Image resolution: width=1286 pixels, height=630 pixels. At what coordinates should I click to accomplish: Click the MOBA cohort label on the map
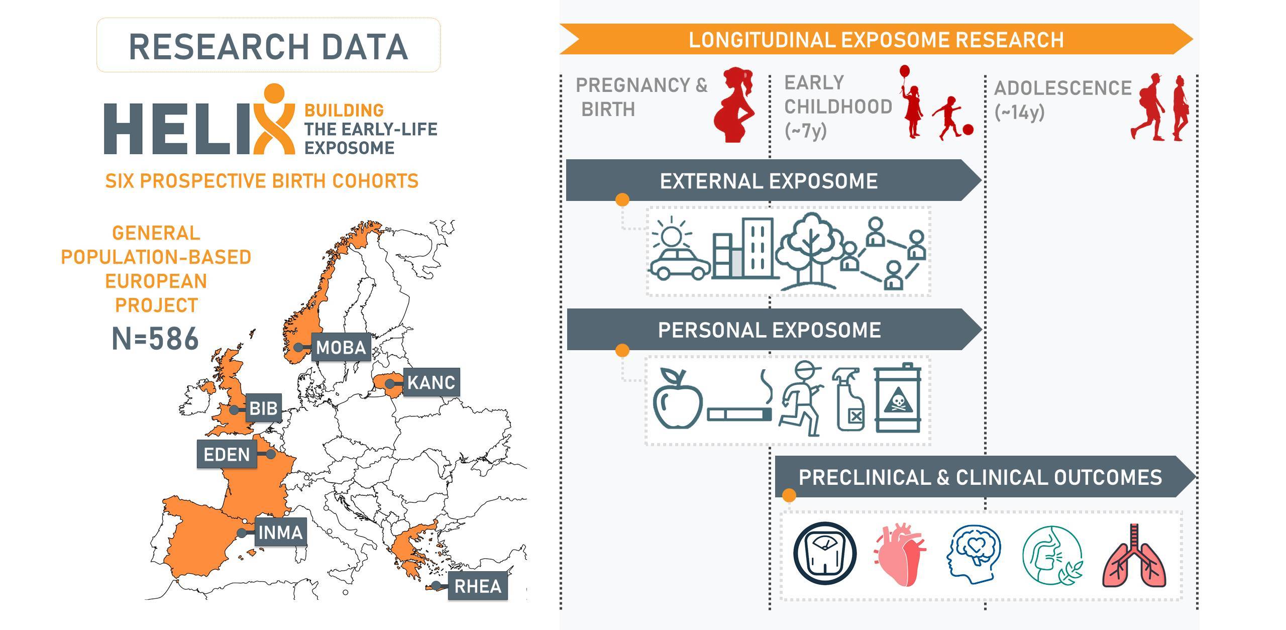point(341,347)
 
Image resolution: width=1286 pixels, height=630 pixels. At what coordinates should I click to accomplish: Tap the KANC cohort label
point(431,382)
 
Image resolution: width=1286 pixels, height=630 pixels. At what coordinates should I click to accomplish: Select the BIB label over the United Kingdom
point(263,408)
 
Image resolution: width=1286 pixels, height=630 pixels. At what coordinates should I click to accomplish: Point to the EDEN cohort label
point(227,455)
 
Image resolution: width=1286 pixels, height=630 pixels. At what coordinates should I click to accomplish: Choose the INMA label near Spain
point(280,532)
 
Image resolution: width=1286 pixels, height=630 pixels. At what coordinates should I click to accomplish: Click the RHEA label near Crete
point(477,586)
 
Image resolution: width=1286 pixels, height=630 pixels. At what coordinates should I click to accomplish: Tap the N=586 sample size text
point(155,339)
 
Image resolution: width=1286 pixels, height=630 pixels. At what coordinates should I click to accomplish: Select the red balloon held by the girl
point(905,71)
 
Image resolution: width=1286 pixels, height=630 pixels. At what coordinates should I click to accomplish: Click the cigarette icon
point(738,414)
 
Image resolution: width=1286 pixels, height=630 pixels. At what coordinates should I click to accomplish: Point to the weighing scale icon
point(825,553)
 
